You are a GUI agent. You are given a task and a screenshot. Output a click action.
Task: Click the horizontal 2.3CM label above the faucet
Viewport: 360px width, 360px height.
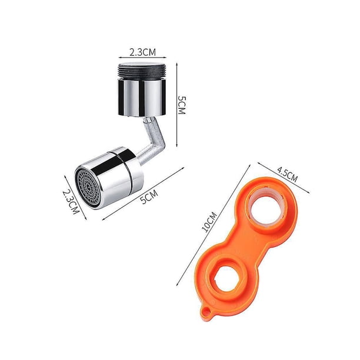[x=142, y=52]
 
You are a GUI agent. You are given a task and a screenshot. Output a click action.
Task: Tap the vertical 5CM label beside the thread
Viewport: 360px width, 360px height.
[x=182, y=105]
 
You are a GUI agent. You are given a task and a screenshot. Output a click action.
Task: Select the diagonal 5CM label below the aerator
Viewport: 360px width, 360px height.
[x=149, y=196]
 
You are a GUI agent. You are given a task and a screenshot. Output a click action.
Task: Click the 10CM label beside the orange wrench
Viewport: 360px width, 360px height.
[x=209, y=222]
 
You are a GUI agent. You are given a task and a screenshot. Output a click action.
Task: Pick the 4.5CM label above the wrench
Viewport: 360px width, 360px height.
[x=287, y=174]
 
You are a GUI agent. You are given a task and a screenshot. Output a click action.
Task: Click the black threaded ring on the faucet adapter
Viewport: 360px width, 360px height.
[x=142, y=72]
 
